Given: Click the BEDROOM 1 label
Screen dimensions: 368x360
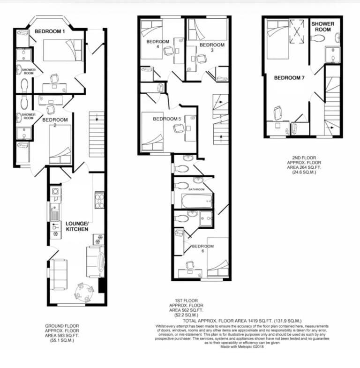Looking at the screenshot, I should (x=50, y=31).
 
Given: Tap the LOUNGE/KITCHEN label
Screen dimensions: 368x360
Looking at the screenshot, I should (x=77, y=227).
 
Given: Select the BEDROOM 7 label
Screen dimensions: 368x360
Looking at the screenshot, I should (x=290, y=78).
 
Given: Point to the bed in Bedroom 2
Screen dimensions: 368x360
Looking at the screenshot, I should (x=60, y=144).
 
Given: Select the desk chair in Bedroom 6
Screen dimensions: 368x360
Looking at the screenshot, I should (x=190, y=265).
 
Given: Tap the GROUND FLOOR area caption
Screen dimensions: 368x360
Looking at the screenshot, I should (x=62, y=333).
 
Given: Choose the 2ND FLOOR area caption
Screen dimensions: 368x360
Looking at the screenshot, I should (x=302, y=165).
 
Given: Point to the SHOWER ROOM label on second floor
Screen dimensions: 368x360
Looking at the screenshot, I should (x=323, y=26).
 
